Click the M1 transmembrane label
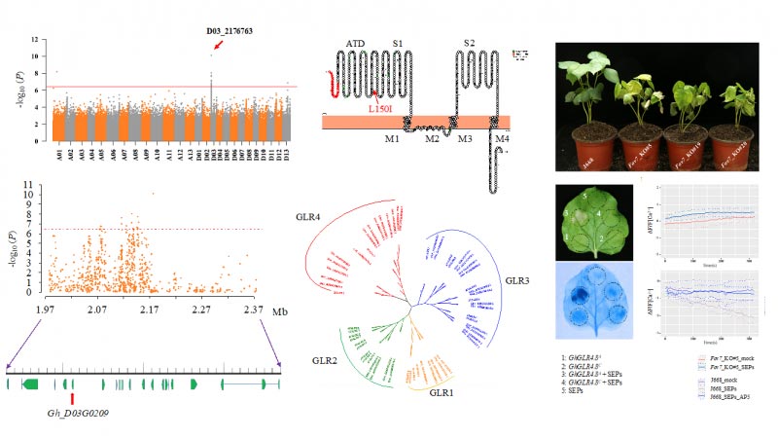(391, 137)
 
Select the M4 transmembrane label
(502, 138)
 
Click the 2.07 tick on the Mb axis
(96, 309)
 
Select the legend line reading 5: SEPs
(574, 390)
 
